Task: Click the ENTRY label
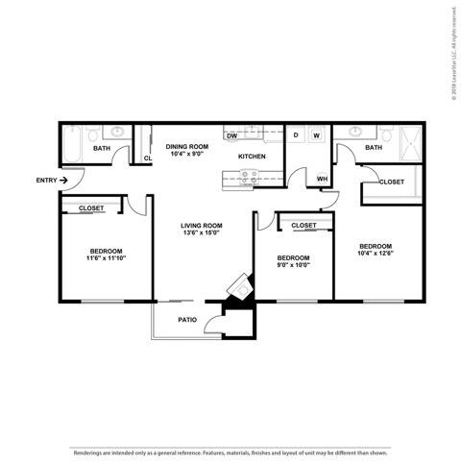pos(45,180)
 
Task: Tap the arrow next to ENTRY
pos(64,180)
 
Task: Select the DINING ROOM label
pos(185,146)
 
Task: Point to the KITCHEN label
pos(252,156)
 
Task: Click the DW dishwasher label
pos(232,136)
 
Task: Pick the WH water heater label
pos(322,179)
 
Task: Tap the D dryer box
pos(296,135)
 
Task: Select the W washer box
pos(316,135)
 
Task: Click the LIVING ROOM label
pos(202,226)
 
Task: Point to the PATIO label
pos(188,320)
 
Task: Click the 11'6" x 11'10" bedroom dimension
pos(106,258)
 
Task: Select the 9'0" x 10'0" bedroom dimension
pos(293,266)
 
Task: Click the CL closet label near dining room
pos(148,158)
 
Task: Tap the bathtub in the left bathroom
pos(73,148)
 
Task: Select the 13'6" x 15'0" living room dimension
pos(202,233)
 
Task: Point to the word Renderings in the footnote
pos(87,425)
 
